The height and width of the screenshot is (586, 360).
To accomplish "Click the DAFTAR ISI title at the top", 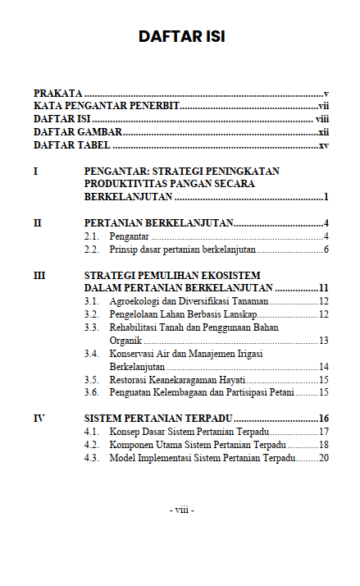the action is tap(181, 36).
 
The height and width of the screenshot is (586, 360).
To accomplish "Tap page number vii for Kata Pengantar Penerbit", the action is tap(323, 107).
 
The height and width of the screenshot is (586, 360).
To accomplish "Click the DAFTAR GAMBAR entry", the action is tap(78, 132).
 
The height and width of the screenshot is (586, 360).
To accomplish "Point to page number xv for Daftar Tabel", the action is tap(323, 145).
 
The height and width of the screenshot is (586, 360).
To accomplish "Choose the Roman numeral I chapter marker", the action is tap(35, 172).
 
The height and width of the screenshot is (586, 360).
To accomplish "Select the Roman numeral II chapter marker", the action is tap(37, 223).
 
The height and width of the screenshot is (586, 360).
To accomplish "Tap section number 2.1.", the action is tap(92, 236).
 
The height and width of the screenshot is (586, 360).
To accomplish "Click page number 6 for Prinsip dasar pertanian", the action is tap(326, 250).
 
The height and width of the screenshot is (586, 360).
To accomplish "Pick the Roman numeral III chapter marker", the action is tap(39, 276).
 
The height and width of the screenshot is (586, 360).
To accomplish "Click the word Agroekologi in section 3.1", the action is tap(136, 302).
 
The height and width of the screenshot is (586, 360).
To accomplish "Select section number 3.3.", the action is tap(92, 327).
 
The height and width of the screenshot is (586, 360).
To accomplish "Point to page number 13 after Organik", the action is tap(323, 341).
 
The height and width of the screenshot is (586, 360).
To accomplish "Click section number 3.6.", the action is tap(92, 392).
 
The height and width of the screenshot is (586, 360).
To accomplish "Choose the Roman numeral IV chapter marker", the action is tap(39, 419).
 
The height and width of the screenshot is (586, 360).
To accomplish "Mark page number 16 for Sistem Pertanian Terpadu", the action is tap(323, 419).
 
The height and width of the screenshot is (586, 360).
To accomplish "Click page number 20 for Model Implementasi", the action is tap(323, 457).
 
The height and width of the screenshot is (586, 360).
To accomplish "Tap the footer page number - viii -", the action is tap(181, 510).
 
